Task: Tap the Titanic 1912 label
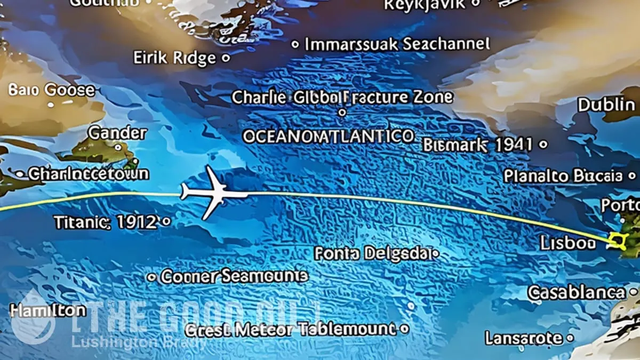(x=106, y=222)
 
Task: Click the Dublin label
(x=606, y=105)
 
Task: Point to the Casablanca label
(x=576, y=292)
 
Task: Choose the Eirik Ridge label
(x=174, y=58)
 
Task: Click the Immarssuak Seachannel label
(x=397, y=44)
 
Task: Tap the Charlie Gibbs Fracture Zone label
(x=342, y=98)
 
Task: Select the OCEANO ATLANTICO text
(x=328, y=136)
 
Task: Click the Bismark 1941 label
(x=478, y=145)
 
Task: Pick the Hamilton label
(x=40, y=310)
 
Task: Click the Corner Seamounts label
(x=234, y=276)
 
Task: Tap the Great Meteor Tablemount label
(x=291, y=329)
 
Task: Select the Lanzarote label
(x=523, y=338)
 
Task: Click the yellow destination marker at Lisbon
(x=619, y=242)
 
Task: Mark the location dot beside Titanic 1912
(x=166, y=220)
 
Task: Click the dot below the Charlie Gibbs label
(x=342, y=113)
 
